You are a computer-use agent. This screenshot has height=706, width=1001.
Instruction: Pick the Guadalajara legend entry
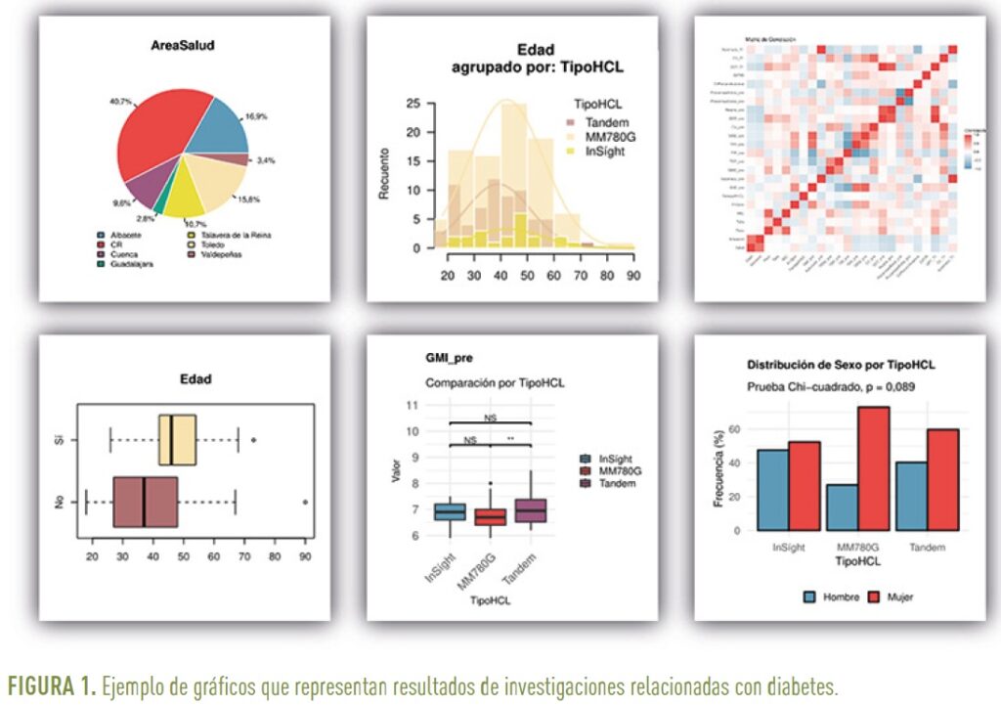pyautogui.click(x=124, y=264)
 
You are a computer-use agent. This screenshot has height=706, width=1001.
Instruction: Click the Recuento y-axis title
pyautogui.click(x=385, y=174)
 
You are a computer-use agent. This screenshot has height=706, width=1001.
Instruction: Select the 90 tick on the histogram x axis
pyautogui.click(x=632, y=275)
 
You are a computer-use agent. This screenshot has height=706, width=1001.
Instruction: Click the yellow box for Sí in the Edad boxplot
pyautogui.click(x=178, y=441)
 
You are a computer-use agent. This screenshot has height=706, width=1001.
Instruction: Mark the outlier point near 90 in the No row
pyautogui.click(x=306, y=501)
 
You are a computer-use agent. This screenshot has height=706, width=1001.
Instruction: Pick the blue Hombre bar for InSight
pyautogui.click(x=773, y=491)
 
